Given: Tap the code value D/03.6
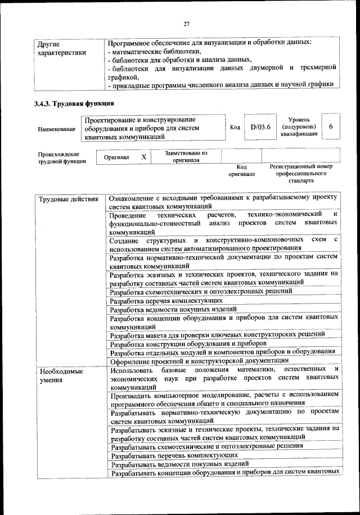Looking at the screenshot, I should click(260, 127).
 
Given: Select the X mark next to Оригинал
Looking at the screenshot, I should click(143, 157).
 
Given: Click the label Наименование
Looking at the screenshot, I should click(56, 129).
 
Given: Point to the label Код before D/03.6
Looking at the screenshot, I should click(236, 127).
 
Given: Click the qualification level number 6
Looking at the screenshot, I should click(332, 127).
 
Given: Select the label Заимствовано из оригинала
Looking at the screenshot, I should click(186, 156).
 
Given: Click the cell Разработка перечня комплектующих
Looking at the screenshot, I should click(162, 300).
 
